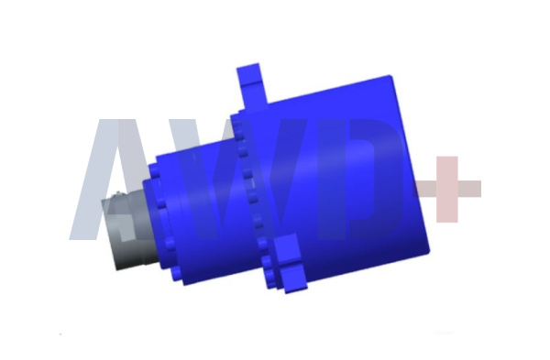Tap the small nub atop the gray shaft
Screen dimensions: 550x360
tap(118, 192)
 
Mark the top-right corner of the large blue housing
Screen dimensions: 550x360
tap(390, 76)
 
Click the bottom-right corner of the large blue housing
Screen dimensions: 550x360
tap(429, 251)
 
